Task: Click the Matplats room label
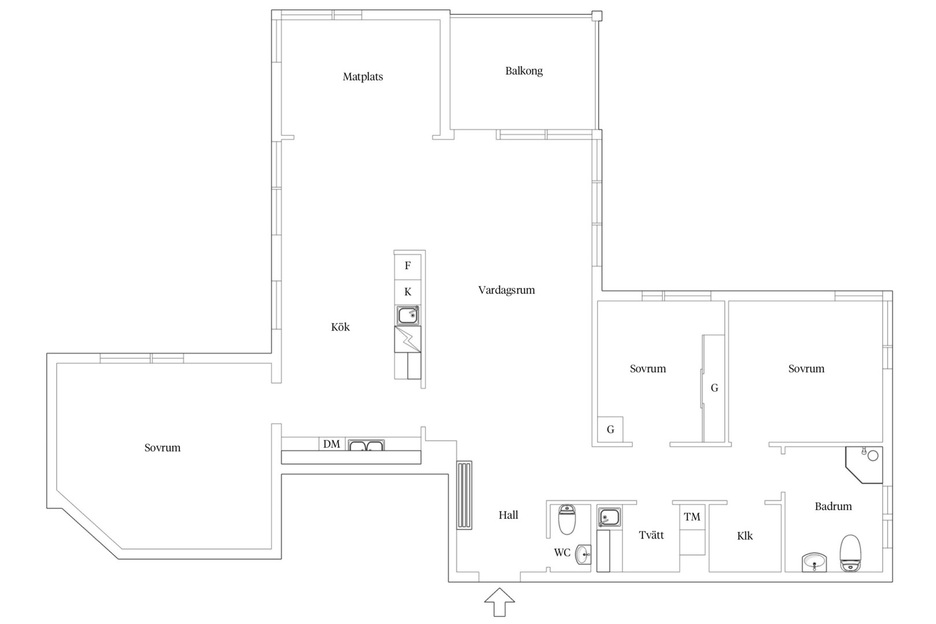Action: click(x=363, y=77)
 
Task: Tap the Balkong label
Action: click(x=524, y=71)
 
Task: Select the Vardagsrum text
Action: click(x=507, y=290)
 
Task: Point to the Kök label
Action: click(x=340, y=327)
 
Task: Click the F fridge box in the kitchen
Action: click(x=407, y=266)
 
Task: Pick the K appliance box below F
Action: click(x=407, y=292)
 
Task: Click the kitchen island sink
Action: click(x=408, y=315)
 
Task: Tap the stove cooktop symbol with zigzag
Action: click(x=407, y=339)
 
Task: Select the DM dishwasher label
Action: click(x=332, y=444)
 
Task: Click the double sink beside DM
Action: click(x=366, y=445)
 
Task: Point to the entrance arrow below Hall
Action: click(x=499, y=602)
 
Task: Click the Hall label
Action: click(x=508, y=515)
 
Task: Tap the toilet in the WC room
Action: click(x=567, y=519)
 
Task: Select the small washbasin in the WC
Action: click(x=584, y=555)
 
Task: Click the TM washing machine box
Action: click(x=692, y=517)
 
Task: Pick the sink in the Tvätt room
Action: click(x=609, y=518)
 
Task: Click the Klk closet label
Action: click(x=745, y=536)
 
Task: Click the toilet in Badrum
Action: click(x=850, y=553)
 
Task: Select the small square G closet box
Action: click(x=610, y=429)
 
